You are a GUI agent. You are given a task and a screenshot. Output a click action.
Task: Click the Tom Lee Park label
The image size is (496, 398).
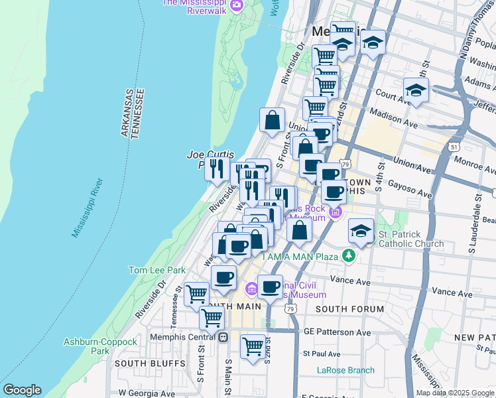click(x=156, y=270)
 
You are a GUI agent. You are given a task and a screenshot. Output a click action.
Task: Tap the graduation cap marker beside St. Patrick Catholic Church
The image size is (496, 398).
click(x=360, y=231)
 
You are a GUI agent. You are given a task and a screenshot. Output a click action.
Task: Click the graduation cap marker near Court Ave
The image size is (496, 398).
click(x=416, y=90)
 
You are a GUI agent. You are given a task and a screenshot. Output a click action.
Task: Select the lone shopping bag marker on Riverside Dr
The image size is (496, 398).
click(x=272, y=120)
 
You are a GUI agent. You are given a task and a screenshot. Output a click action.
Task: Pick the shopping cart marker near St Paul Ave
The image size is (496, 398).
click(x=253, y=346)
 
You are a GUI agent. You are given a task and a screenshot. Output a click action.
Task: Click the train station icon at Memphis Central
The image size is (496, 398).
click(x=223, y=337)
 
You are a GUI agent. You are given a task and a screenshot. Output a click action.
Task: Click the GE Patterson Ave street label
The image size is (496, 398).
click(x=337, y=332)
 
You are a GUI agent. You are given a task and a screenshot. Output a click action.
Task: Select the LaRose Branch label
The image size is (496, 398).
click(x=345, y=370)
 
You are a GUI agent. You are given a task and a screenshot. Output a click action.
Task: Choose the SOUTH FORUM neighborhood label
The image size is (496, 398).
click(x=349, y=309)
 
